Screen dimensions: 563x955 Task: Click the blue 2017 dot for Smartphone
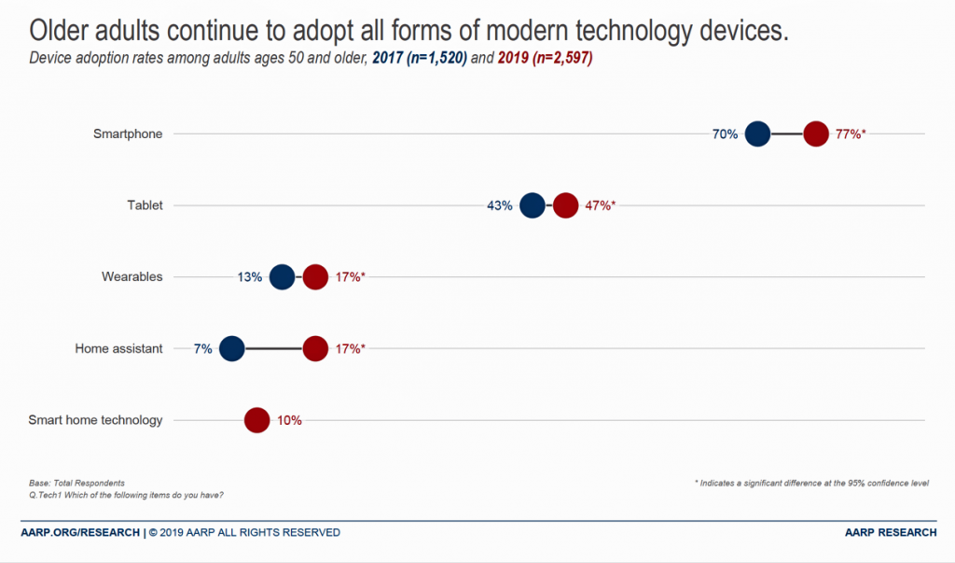click(757, 134)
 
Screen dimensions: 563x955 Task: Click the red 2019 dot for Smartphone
click(816, 134)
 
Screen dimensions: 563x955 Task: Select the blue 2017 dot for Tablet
click(532, 205)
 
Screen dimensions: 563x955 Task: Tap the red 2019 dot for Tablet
click(565, 205)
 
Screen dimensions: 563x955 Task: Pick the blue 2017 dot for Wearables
click(282, 277)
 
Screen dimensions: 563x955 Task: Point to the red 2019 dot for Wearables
click(315, 277)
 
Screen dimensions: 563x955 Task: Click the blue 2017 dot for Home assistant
click(231, 348)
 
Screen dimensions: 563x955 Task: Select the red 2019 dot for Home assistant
click(315, 348)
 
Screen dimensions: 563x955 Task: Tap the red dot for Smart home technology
click(256, 420)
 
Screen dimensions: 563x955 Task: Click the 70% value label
click(725, 134)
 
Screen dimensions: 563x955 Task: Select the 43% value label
click(499, 205)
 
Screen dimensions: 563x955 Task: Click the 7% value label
click(202, 348)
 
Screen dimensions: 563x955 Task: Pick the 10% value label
click(289, 420)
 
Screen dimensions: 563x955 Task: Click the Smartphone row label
click(128, 134)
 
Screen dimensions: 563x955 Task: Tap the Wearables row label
click(131, 276)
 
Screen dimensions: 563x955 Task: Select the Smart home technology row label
click(95, 420)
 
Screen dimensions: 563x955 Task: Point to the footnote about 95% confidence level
click(811, 483)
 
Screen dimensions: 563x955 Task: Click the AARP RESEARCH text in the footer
click(891, 532)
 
